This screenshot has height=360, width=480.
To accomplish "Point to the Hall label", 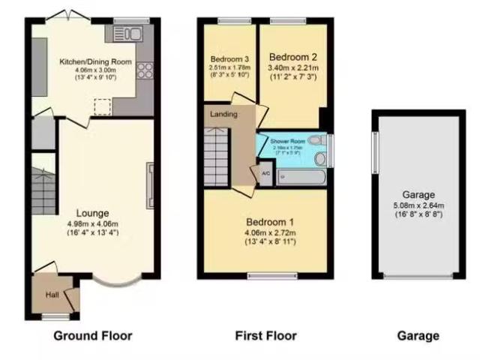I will coord(52,295).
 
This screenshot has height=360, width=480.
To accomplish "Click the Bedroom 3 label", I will coord(229,59).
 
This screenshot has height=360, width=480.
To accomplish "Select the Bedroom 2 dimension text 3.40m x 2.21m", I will coord(293,67).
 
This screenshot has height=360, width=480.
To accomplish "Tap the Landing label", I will coord(224,115).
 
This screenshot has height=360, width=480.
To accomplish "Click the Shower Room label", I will coord(288,141).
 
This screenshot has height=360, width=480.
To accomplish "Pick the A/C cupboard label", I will coord(265,174).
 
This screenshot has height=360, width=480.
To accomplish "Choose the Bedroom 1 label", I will coord(270,222).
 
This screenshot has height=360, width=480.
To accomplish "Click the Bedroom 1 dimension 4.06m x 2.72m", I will coord(270,232).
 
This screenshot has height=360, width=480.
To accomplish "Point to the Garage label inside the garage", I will coord(418,194).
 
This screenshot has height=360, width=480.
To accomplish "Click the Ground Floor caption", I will coord(92,336).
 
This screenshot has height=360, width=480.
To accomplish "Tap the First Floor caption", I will coord(265,336).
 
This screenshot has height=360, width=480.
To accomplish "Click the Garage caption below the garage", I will coord(418,336).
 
